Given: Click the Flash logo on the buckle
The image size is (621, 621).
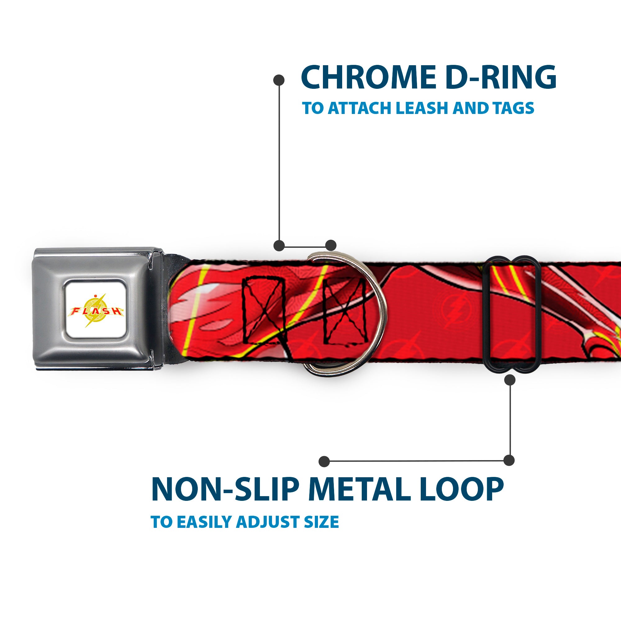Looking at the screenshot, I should coord(96,310).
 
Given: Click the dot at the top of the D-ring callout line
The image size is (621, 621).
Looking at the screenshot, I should coord(279,80).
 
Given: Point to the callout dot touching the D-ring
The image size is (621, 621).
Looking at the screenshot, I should coord(331,245).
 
